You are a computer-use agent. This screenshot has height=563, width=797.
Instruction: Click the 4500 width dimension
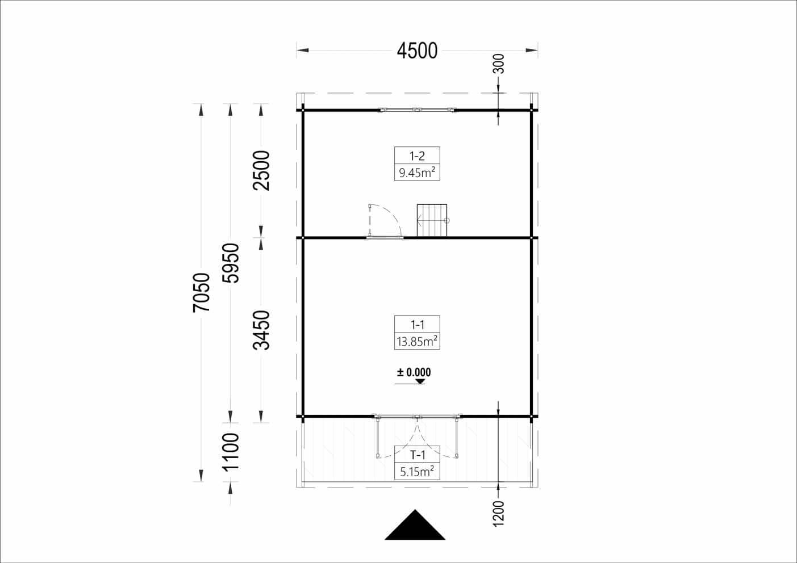tap(417, 51)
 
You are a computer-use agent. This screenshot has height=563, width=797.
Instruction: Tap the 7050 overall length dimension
tap(202, 292)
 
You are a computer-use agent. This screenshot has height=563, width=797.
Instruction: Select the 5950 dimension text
tap(231, 263)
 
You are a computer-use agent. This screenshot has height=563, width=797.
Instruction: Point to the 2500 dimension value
tap(261, 170)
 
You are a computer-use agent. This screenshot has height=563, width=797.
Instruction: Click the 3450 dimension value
tap(261, 330)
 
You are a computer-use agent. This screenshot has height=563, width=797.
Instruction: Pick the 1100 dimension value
tap(231, 452)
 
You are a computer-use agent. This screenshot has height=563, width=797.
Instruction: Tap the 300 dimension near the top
tap(498, 64)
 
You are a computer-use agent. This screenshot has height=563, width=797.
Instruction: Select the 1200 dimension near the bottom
tap(498, 513)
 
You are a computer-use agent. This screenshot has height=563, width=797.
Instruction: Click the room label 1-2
tap(417, 156)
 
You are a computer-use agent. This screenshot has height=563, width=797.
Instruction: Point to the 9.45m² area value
tap(417, 173)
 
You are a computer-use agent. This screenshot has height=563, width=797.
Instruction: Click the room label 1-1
tap(417, 325)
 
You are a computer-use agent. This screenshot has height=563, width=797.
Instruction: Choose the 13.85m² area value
tap(417, 341)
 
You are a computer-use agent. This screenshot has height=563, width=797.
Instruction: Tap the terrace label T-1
tap(417, 455)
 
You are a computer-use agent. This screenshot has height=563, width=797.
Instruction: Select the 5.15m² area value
tap(417, 471)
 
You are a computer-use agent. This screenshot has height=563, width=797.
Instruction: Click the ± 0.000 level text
tap(414, 372)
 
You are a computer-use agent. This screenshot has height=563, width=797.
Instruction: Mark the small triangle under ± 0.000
tap(420, 381)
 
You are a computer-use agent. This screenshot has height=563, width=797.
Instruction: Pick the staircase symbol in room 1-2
tap(432, 220)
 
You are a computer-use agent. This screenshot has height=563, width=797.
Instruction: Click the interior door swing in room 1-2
tap(385, 221)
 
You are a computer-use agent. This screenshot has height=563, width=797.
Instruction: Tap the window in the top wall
tap(417, 110)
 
